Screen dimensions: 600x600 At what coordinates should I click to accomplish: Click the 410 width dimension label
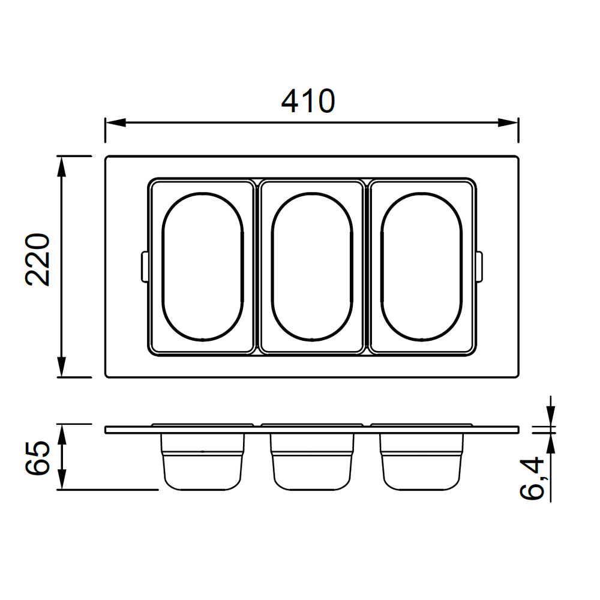(x=308, y=101)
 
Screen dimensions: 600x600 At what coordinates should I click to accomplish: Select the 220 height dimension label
(x=37, y=259)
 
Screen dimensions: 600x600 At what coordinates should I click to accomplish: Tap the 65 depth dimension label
(x=37, y=458)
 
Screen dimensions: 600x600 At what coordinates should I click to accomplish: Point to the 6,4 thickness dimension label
(x=532, y=478)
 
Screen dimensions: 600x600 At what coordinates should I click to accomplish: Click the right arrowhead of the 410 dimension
(x=508, y=123)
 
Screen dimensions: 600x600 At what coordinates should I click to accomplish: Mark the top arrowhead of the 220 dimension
(x=61, y=166)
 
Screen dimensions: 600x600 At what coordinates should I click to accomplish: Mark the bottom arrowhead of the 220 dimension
(x=61, y=367)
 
